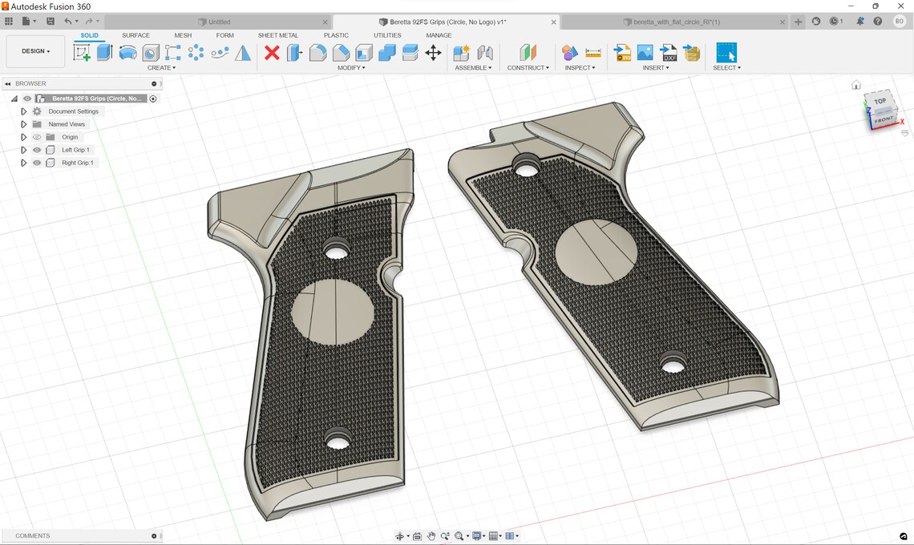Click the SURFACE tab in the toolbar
[135, 35]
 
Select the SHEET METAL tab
[277, 35]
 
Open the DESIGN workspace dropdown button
[35, 51]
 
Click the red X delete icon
[272, 53]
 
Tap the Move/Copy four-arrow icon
[433, 53]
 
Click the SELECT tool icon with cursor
[726, 53]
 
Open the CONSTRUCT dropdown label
[528, 68]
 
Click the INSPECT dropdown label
[579, 68]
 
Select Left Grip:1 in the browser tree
[75, 150]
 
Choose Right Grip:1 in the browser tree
[77, 163]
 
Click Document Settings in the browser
[73, 111]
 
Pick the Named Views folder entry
[66, 124]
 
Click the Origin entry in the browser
[70, 137]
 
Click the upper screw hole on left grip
[336, 252]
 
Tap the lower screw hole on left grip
[338, 442]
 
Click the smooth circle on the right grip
[596, 252]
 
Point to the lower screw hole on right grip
[673, 366]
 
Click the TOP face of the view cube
[880, 101]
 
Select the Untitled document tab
[219, 22]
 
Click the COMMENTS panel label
[33, 535]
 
